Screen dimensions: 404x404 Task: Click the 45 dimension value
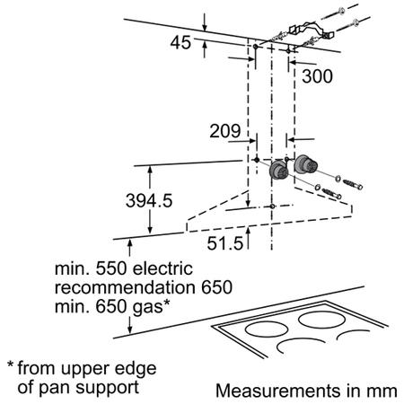click(x=180, y=42)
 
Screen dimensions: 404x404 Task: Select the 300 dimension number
click(x=317, y=76)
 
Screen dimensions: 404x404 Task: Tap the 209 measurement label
click(x=225, y=131)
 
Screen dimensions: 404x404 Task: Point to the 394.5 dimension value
click(x=149, y=200)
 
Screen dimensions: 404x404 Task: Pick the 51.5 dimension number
click(x=225, y=243)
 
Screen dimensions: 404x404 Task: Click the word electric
click(x=162, y=268)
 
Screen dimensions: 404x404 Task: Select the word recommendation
click(x=125, y=287)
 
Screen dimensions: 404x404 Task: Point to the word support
click(x=107, y=388)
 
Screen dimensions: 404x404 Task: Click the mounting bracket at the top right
click(x=312, y=30)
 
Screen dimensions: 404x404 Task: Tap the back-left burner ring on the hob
click(x=267, y=329)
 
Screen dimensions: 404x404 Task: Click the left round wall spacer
click(x=279, y=170)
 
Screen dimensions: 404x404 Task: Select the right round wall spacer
click(x=305, y=164)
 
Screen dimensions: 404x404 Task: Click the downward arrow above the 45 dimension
click(x=205, y=22)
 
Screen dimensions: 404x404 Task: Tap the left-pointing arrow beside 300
click(x=303, y=63)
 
